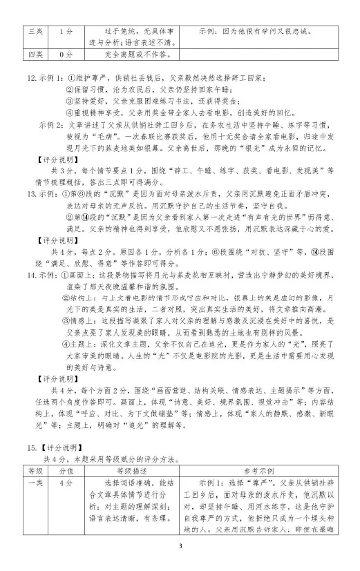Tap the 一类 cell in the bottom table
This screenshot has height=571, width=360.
35,482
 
